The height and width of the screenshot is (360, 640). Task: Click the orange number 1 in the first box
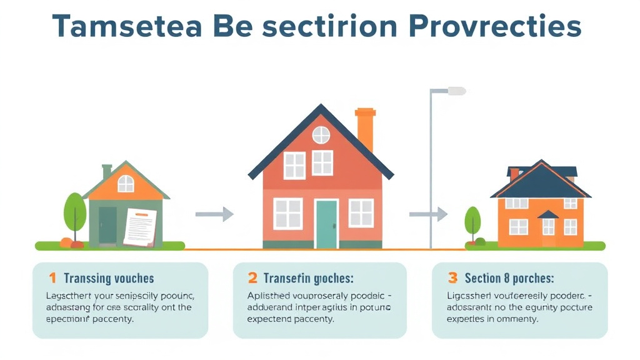tap(52, 278)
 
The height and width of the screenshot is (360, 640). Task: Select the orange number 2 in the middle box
tap(252, 278)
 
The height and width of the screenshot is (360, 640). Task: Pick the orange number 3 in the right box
tap(452, 278)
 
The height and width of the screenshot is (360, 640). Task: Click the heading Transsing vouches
tap(109, 279)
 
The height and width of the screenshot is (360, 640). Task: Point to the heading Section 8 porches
tap(509, 278)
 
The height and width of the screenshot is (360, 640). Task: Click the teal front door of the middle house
tap(326, 224)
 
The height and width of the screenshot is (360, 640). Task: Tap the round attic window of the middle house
tap(321, 134)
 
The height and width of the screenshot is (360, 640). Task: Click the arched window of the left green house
tap(126, 183)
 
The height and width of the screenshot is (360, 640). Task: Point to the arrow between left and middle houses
tap(214, 214)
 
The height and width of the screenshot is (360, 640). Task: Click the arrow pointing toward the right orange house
tap(429, 214)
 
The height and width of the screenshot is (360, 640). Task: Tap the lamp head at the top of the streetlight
tap(456, 91)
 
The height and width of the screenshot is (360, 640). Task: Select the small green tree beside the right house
tap(472, 220)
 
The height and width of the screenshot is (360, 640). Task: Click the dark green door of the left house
tap(107, 226)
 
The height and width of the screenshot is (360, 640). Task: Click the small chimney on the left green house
tap(107, 171)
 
